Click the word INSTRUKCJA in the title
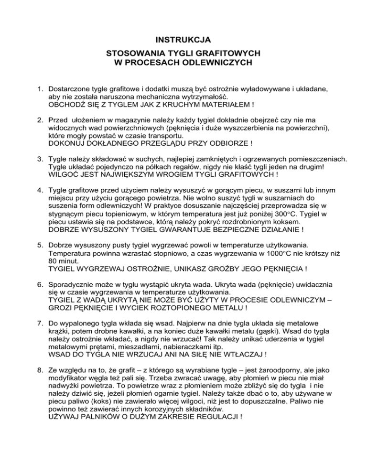click(x=183, y=38)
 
